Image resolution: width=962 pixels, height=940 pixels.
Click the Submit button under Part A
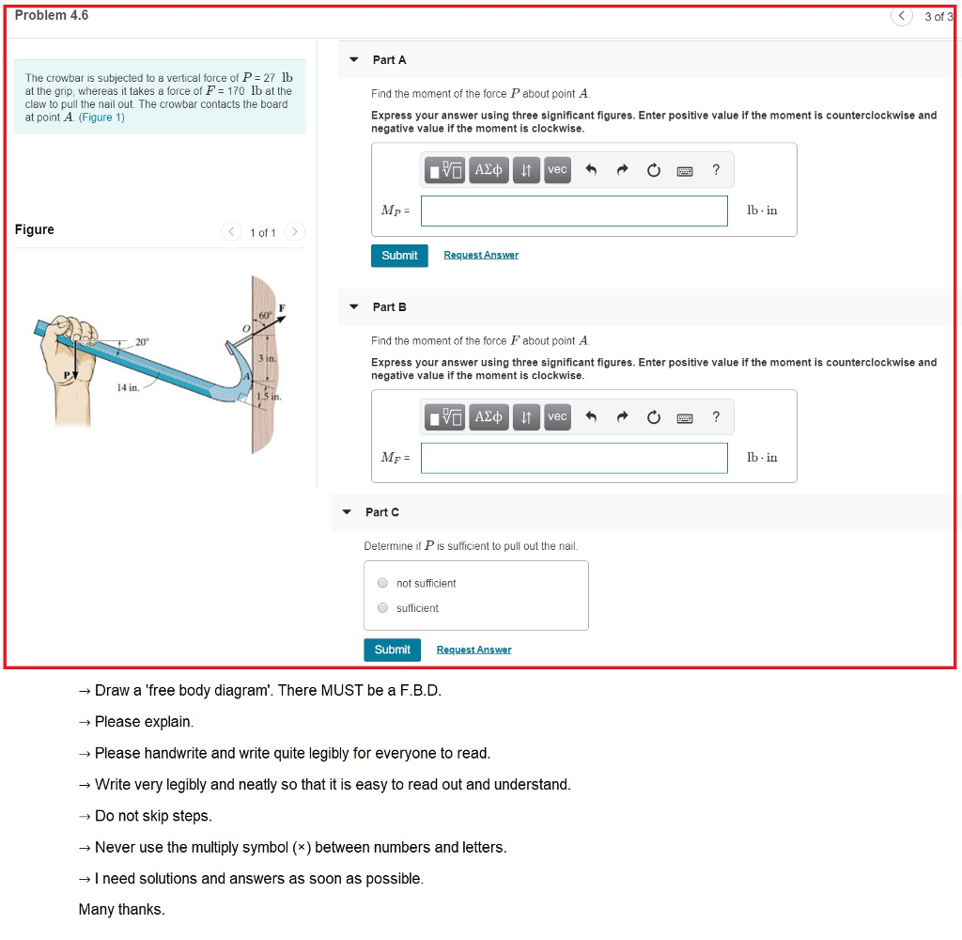[x=399, y=256]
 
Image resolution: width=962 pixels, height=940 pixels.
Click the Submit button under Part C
[x=392, y=650]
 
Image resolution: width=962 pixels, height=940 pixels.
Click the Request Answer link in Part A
[x=480, y=256]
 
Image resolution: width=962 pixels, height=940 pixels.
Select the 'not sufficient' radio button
[x=382, y=583]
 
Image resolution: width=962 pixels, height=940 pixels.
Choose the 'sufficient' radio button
[x=382, y=608]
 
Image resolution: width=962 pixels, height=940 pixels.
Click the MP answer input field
[x=574, y=211]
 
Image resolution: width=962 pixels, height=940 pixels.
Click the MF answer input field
[x=574, y=458]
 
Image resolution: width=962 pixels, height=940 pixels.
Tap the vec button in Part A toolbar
[x=557, y=170]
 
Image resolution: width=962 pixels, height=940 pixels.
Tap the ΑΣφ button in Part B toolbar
[x=489, y=417]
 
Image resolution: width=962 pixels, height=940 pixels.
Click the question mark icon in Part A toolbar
[x=716, y=170]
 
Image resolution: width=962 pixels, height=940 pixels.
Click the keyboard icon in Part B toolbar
[x=685, y=417]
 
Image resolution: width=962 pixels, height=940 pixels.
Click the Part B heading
[x=389, y=307]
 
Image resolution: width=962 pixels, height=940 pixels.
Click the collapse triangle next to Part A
[x=354, y=60]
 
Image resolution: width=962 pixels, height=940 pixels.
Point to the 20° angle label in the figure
[x=142, y=342]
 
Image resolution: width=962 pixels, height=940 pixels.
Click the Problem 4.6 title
[x=52, y=15]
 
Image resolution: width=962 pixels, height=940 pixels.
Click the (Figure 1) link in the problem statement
[x=101, y=117]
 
